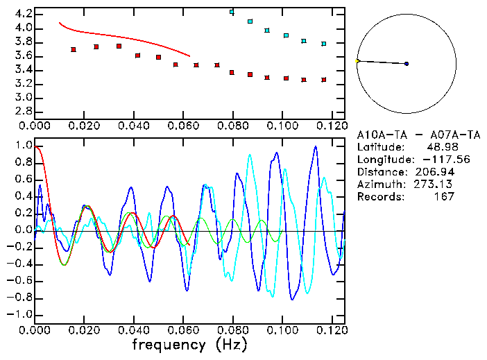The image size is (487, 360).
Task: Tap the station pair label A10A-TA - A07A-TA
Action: pyautogui.click(x=404, y=135)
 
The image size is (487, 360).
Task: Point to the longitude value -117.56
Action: pyautogui.click(x=435, y=160)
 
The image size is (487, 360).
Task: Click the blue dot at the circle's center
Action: pyautogui.click(x=407, y=64)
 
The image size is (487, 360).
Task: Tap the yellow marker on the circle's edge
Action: pyautogui.click(x=357, y=61)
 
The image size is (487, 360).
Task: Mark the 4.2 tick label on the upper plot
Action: pyautogui.click(x=23, y=14)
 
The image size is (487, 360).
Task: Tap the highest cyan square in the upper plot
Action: pyautogui.click(x=232, y=12)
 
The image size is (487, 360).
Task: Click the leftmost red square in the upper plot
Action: pyautogui.click(x=74, y=49)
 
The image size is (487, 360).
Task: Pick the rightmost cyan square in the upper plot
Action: pyautogui.click(x=324, y=44)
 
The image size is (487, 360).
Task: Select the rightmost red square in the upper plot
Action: pyautogui.click(x=324, y=80)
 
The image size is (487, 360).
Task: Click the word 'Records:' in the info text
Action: pyautogui.click(x=380, y=197)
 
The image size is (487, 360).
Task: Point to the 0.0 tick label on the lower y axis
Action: pyautogui.click(x=23, y=230)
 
